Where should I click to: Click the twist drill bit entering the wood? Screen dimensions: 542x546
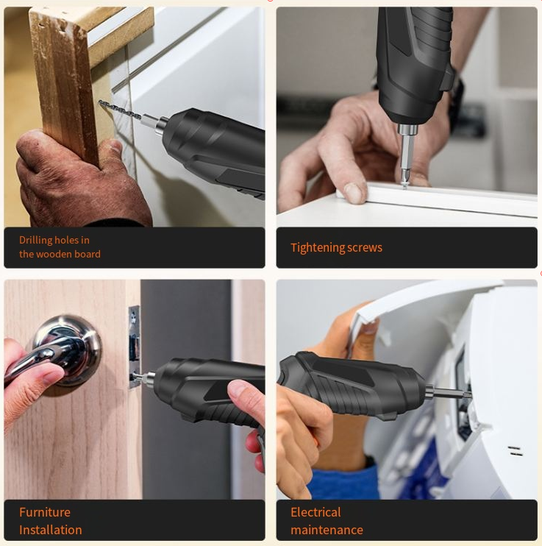[x=120, y=110]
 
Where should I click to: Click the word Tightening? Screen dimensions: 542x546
[x=313, y=248]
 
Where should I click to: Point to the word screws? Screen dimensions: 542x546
[x=365, y=248]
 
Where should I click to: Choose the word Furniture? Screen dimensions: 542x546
[x=45, y=512]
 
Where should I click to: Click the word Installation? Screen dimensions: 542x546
[x=51, y=530]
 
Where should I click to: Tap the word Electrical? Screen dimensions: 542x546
[x=315, y=512]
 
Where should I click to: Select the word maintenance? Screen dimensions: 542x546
[x=327, y=530]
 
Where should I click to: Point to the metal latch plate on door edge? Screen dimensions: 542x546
[x=134, y=347]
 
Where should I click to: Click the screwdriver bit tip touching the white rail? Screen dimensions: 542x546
[x=404, y=183]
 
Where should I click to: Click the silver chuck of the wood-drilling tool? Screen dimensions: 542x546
[x=161, y=126]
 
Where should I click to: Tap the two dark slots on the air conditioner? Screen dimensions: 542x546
[x=515, y=451]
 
